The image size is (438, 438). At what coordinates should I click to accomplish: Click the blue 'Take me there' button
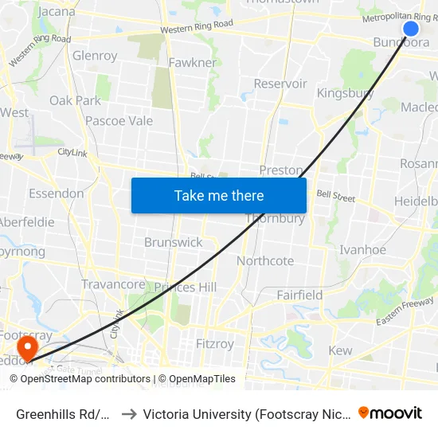point(219,195)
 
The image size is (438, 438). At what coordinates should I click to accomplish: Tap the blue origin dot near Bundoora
point(411,29)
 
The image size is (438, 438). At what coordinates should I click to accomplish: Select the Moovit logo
point(390,413)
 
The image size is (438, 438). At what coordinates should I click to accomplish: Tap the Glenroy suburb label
point(95,56)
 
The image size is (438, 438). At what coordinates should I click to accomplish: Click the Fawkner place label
point(192,62)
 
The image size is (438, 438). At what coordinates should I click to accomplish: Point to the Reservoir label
point(280,84)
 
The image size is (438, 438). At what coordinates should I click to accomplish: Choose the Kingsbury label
point(345,93)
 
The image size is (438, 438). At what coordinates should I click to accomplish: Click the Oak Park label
point(76,100)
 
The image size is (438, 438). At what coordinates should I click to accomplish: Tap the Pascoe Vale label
point(119,121)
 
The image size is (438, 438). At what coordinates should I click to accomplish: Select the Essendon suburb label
point(56,194)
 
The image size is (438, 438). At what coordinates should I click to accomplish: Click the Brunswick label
point(173,242)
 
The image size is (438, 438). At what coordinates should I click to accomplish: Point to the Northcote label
point(265,260)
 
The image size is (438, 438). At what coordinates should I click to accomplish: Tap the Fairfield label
point(299,295)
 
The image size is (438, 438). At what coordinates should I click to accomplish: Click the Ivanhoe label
point(362,249)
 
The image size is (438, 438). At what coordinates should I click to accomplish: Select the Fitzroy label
point(215,344)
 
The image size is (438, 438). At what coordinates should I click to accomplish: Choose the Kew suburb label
point(340,350)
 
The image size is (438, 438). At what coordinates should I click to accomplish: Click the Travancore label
point(113,284)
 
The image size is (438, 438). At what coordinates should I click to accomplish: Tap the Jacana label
point(57,12)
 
